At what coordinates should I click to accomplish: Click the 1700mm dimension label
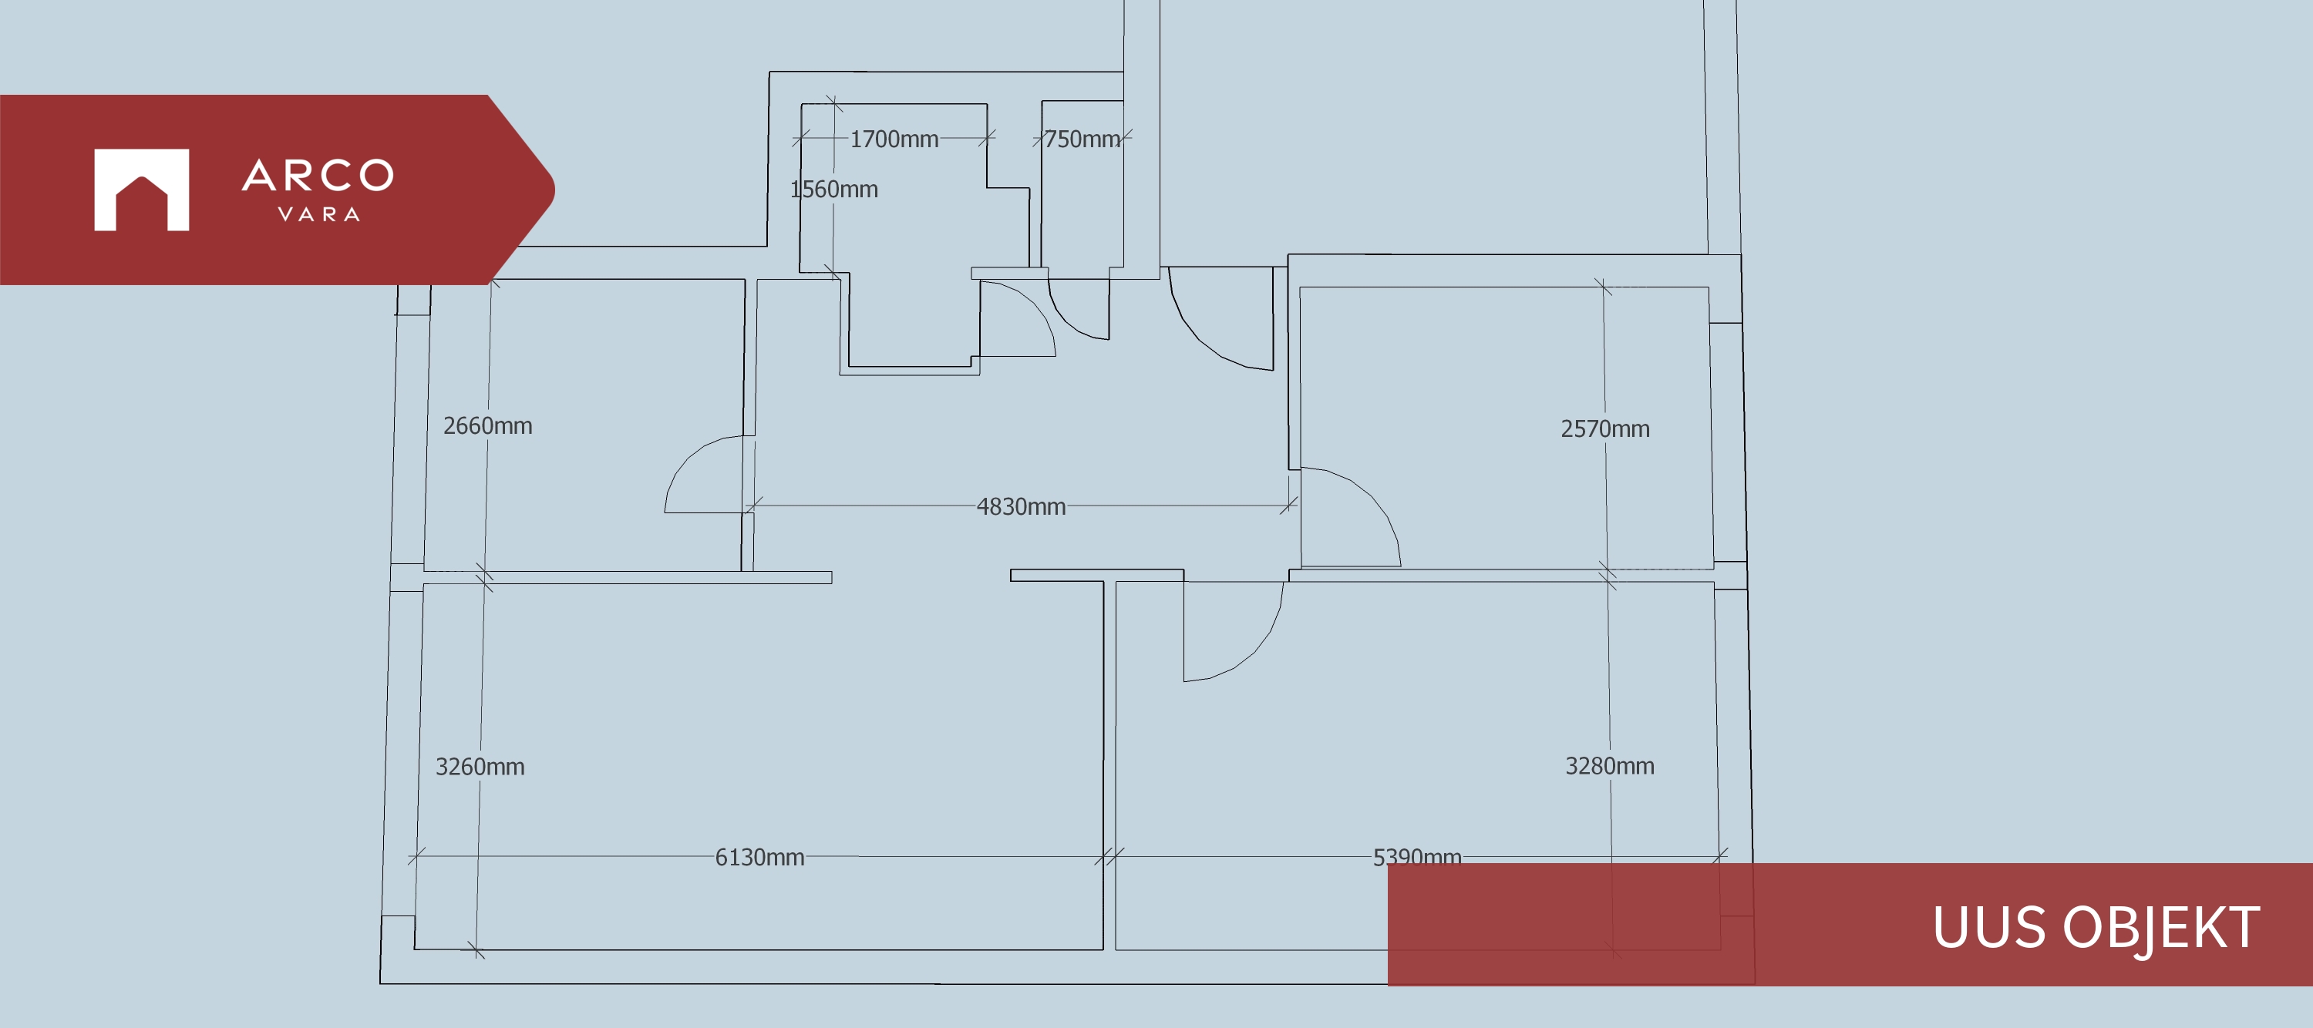point(894,139)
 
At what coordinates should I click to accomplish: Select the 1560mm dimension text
point(834,190)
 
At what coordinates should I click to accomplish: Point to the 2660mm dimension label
point(487,425)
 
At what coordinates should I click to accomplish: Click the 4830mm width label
point(1021,506)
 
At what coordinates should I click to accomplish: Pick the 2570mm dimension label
point(1605,428)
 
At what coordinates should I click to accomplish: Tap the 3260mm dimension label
point(480,767)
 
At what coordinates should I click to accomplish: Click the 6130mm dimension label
point(759,858)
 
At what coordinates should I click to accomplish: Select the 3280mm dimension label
point(1610,766)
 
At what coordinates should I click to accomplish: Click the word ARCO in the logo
point(318,175)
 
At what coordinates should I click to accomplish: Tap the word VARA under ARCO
point(318,214)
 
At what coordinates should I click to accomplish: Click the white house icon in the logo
point(142,190)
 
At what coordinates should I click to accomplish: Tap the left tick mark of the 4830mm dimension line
point(754,506)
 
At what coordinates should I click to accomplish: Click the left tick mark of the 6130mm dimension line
point(416,856)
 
